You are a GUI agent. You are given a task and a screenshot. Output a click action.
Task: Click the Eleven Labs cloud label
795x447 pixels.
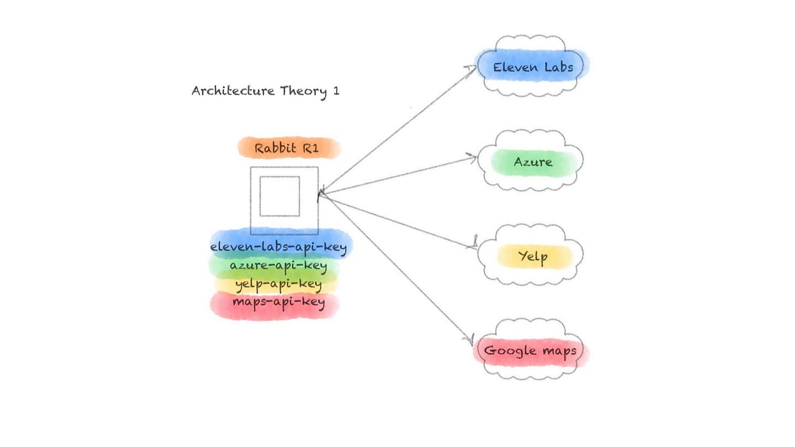pyautogui.click(x=532, y=67)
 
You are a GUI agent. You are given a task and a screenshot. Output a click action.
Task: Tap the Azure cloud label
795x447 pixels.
pyautogui.click(x=533, y=162)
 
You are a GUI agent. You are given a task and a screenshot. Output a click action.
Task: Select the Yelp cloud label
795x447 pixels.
pyautogui.click(x=533, y=256)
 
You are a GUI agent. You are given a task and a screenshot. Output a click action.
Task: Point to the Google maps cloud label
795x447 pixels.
pyautogui.click(x=530, y=350)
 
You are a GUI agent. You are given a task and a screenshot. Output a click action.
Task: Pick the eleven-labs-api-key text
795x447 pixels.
pyautogui.click(x=278, y=247)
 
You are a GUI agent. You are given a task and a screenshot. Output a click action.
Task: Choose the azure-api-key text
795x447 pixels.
pyautogui.click(x=278, y=266)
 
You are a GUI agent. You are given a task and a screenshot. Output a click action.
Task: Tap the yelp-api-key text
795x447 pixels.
pyautogui.click(x=278, y=284)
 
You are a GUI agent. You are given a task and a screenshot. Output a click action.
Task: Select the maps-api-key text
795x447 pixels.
pyautogui.click(x=278, y=302)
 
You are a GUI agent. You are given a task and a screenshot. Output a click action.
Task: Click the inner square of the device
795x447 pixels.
pyautogui.click(x=280, y=196)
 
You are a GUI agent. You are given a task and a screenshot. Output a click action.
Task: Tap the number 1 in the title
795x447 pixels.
pyautogui.click(x=336, y=91)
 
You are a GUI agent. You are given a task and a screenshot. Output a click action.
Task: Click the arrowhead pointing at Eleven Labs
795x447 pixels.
pyautogui.click(x=472, y=69)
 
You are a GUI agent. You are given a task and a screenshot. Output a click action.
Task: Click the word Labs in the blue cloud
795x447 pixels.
pyautogui.click(x=559, y=67)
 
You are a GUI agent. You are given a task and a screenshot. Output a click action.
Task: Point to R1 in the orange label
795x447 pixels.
pyautogui.click(x=310, y=148)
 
